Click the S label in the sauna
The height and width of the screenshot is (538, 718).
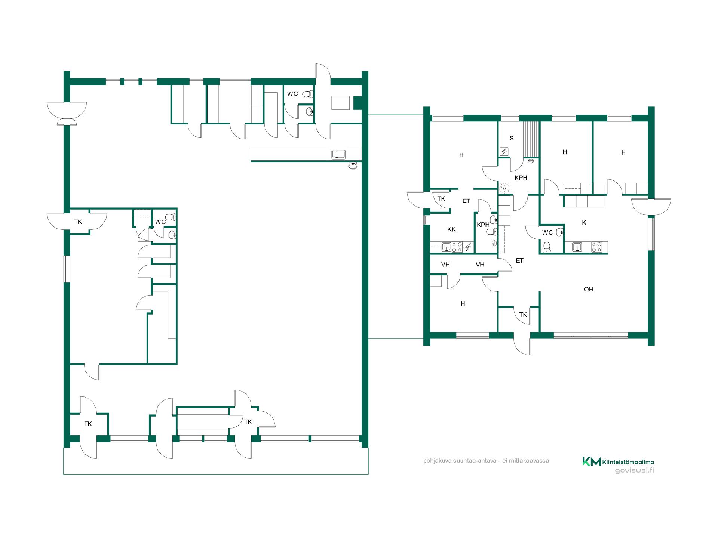click(512, 138)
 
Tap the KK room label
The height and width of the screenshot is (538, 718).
click(451, 229)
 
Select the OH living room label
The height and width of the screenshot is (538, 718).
click(589, 289)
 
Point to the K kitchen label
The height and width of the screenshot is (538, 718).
click(584, 222)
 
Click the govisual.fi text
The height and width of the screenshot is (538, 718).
click(634, 470)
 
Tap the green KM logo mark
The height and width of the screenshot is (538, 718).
click(592, 461)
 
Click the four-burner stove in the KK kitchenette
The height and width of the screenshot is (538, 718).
click(457, 247)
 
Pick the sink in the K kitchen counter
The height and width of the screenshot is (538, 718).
click(577, 247)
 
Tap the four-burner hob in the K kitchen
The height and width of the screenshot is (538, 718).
click(596, 247)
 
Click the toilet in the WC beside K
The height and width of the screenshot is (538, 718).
click(547, 247)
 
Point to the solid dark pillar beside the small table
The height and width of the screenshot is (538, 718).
click(358, 103)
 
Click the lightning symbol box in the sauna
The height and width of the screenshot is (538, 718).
click(504, 151)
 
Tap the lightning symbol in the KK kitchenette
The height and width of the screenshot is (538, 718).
click(468, 247)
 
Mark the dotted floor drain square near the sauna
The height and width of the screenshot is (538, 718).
click(504, 189)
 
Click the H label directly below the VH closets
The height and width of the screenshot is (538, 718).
click(463, 304)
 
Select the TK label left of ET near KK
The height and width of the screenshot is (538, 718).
click(441, 199)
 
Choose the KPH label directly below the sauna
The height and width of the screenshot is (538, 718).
click(521, 178)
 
